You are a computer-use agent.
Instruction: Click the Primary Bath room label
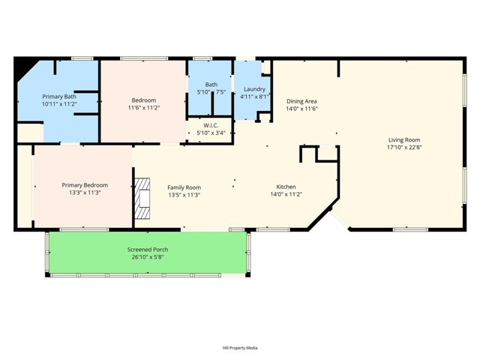[59, 97]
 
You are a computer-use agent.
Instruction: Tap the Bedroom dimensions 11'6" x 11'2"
[143, 108]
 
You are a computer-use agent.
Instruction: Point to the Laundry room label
[254, 88]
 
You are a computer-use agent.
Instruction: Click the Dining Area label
[301, 100]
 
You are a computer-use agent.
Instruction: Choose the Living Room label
[403, 139]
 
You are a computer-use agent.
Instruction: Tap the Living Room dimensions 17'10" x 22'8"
[403, 148]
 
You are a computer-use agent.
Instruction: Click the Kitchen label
[286, 187]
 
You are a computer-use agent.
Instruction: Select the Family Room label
[184, 187]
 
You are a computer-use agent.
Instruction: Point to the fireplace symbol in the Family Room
[142, 198]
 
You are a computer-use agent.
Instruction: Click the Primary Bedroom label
[85, 185]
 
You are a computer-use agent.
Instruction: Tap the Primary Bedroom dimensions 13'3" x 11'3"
[85, 193]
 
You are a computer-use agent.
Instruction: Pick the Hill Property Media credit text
[240, 348]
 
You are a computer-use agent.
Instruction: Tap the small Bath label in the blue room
[211, 85]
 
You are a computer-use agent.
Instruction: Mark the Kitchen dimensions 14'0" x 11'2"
[286, 195]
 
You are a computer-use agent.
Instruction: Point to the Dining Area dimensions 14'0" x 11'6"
[301, 109]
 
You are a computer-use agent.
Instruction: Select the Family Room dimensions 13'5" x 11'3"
[184, 196]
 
